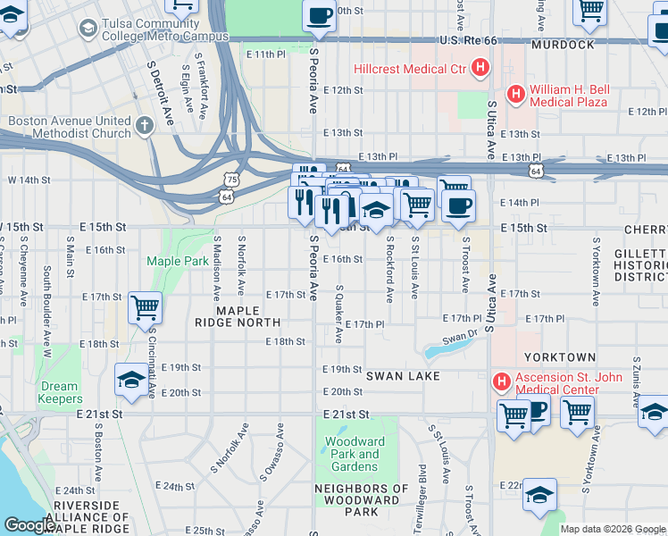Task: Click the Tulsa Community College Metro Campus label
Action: [164, 29]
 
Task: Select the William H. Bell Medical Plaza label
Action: [569, 96]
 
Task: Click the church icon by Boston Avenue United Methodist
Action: [146, 127]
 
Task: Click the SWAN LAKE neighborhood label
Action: [403, 376]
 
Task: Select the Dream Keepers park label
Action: [61, 393]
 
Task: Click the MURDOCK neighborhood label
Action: [563, 44]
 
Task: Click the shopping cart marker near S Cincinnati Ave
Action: [145, 308]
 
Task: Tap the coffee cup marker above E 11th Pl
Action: [319, 16]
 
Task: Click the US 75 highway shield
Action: [231, 180]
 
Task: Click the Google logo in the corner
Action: [29, 525]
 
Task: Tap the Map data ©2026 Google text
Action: [613, 529]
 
